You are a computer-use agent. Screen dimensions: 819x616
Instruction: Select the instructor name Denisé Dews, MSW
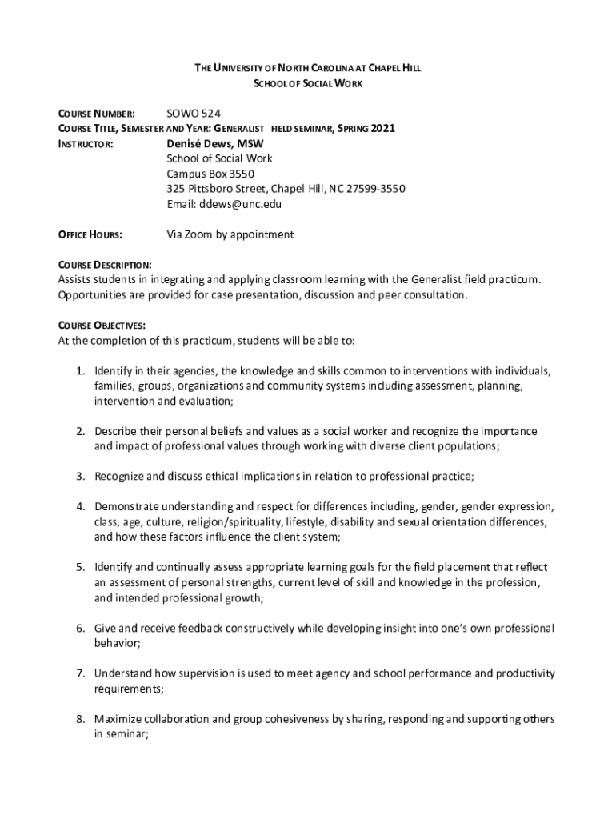click(215, 144)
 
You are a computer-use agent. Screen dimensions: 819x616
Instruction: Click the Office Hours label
click(90, 235)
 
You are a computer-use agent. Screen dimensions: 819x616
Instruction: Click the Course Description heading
click(105, 265)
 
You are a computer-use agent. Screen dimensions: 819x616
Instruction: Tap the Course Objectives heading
click(101, 326)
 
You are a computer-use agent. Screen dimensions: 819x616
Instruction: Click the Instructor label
click(85, 145)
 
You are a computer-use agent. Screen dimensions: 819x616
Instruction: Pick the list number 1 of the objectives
click(81, 371)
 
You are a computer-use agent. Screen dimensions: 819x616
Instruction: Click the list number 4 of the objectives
click(81, 507)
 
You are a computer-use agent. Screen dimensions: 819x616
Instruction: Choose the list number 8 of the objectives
click(81, 719)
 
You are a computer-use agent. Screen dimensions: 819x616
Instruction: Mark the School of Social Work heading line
click(308, 83)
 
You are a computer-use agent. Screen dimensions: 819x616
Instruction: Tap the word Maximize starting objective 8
click(118, 719)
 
